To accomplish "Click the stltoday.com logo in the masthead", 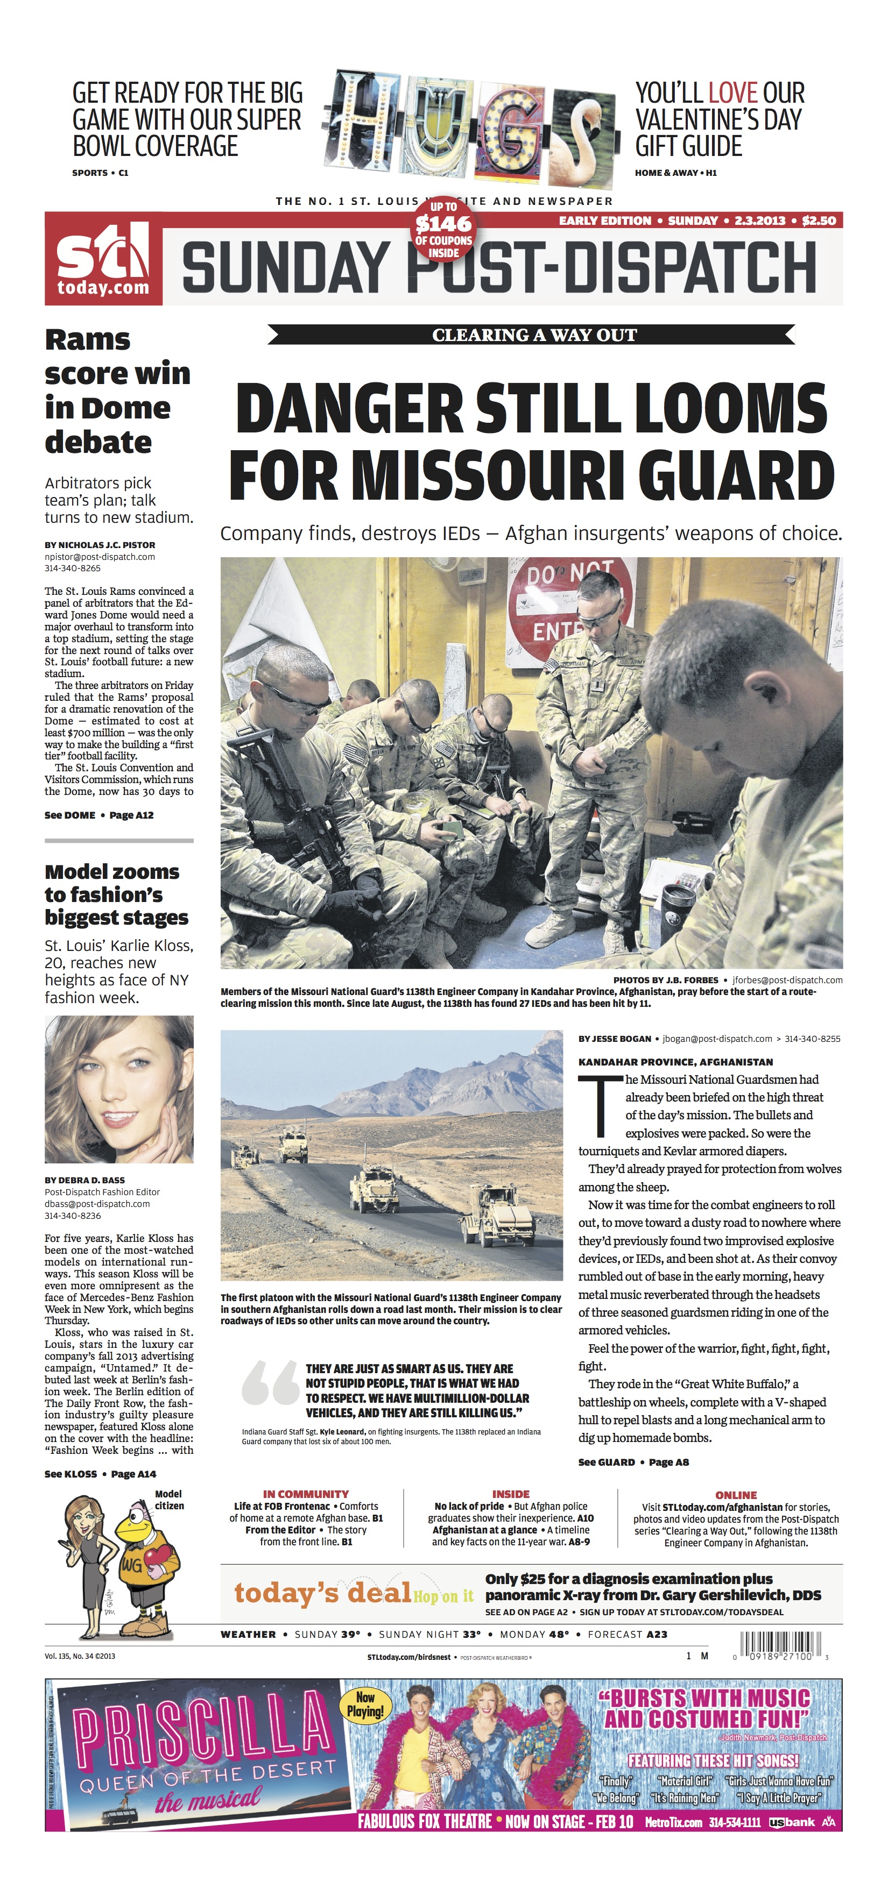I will pyautogui.click(x=103, y=260).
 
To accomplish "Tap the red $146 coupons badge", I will pyautogui.click(x=443, y=230).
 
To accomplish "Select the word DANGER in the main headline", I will pyautogui.click(x=350, y=409).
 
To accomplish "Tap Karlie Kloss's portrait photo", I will pyautogui.click(x=119, y=1089).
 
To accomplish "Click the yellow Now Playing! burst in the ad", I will pyautogui.click(x=365, y=1705).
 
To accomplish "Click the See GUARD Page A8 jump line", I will pyautogui.click(x=633, y=1462).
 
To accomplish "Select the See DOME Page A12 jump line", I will pyautogui.click(x=98, y=815).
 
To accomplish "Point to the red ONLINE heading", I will pyautogui.click(x=736, y=1495).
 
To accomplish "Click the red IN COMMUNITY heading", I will pyautogui.click(x=306, y=1494).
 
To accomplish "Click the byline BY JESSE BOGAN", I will pyautogui.click(x=614, y=1039).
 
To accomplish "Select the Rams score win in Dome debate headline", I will pyautogui.click(x=116, y=391).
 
